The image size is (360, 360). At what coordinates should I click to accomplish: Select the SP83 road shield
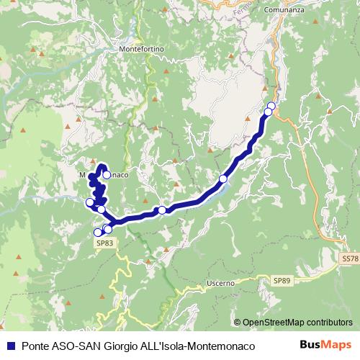(x=104, y=244)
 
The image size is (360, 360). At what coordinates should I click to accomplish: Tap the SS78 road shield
(x=349, y=257)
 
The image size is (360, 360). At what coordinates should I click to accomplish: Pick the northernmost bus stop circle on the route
(x=271, y=107)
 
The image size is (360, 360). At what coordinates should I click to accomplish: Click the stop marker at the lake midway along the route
(x=223, y=179)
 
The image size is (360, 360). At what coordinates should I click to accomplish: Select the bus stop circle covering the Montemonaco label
(x=107, y=174)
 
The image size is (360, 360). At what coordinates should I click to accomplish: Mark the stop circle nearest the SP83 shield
(x=99, y=233)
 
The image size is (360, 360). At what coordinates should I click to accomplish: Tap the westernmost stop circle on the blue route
(x=90, y=202)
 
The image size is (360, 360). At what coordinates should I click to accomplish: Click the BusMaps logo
(x=325, y=345)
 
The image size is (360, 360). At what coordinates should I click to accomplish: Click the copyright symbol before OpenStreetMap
(x=238, y=323)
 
